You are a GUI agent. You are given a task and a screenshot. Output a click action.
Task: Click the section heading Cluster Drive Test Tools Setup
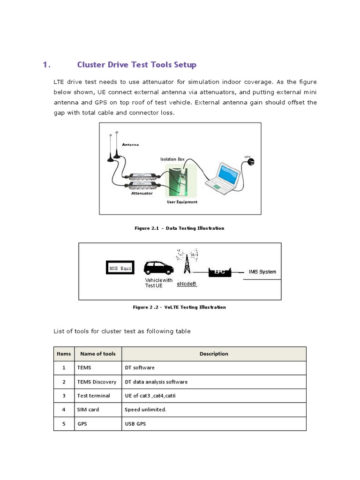click(136, 65)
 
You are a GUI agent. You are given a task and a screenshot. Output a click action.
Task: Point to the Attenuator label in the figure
click(142, 193)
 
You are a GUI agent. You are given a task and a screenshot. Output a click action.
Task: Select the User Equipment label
click(182, 202)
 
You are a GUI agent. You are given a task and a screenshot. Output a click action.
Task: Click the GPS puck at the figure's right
click(251, 162)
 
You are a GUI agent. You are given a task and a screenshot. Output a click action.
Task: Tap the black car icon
click(158, 268)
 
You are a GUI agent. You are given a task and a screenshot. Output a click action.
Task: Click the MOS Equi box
click(120, 268)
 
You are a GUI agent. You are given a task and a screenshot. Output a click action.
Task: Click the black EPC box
click(220, 272)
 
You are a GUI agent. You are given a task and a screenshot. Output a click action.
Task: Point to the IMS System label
click(262, 272)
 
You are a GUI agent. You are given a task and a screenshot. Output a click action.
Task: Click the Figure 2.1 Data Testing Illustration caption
click(179, 228)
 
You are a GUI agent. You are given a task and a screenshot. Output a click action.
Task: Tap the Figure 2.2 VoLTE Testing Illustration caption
click(179, 307)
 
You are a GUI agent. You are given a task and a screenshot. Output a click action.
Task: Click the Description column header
click(214, 354)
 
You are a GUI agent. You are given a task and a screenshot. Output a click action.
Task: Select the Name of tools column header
click(97, 354)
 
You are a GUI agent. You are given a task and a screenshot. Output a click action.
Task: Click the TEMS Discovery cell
click(97, 382)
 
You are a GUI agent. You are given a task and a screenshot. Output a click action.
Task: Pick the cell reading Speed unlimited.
click(146, 410)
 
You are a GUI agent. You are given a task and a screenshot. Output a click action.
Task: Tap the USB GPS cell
click(136, 423)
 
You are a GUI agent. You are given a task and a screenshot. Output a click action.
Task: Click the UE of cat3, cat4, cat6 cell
click(150, 396)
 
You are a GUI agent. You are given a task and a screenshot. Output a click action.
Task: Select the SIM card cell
click(88, 410)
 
